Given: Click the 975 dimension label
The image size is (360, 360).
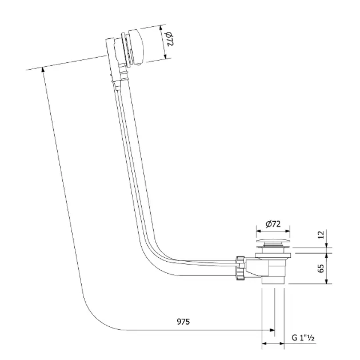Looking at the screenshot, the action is [x=183, y=322].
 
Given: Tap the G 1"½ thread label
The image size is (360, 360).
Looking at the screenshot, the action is [x=303, y=338].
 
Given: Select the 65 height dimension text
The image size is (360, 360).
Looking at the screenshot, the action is [x=321, y=268].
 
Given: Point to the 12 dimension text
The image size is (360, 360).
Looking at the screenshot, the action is [x=321, y=234].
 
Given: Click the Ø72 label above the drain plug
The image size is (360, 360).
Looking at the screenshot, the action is [x=273, y=224].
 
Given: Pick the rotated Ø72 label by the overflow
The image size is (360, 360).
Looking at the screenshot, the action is [x=169, y=39].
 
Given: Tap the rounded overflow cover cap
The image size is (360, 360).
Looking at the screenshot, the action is [x=137, y=47].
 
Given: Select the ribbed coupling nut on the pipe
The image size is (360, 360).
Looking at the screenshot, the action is [x=241, y=268].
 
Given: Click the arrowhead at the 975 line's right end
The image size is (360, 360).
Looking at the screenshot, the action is [x=272, y=330].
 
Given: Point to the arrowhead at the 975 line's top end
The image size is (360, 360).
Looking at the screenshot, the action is [x=43, y=69].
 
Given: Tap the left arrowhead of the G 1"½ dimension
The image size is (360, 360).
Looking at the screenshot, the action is [x=265, y=343].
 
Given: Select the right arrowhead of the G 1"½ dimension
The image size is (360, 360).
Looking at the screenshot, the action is [x=282, y=343].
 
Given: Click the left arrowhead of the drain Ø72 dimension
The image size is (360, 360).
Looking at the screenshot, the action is [x=259, y=231].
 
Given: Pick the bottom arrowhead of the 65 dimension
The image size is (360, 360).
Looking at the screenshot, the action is [x=327, y=281].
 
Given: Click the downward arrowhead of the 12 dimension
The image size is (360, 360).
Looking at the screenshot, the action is [x=327, y=245].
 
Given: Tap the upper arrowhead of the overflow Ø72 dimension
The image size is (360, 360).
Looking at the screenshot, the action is [x=161, y=28].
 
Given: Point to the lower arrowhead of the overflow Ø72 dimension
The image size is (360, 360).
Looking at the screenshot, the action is [x=165, y=57].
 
